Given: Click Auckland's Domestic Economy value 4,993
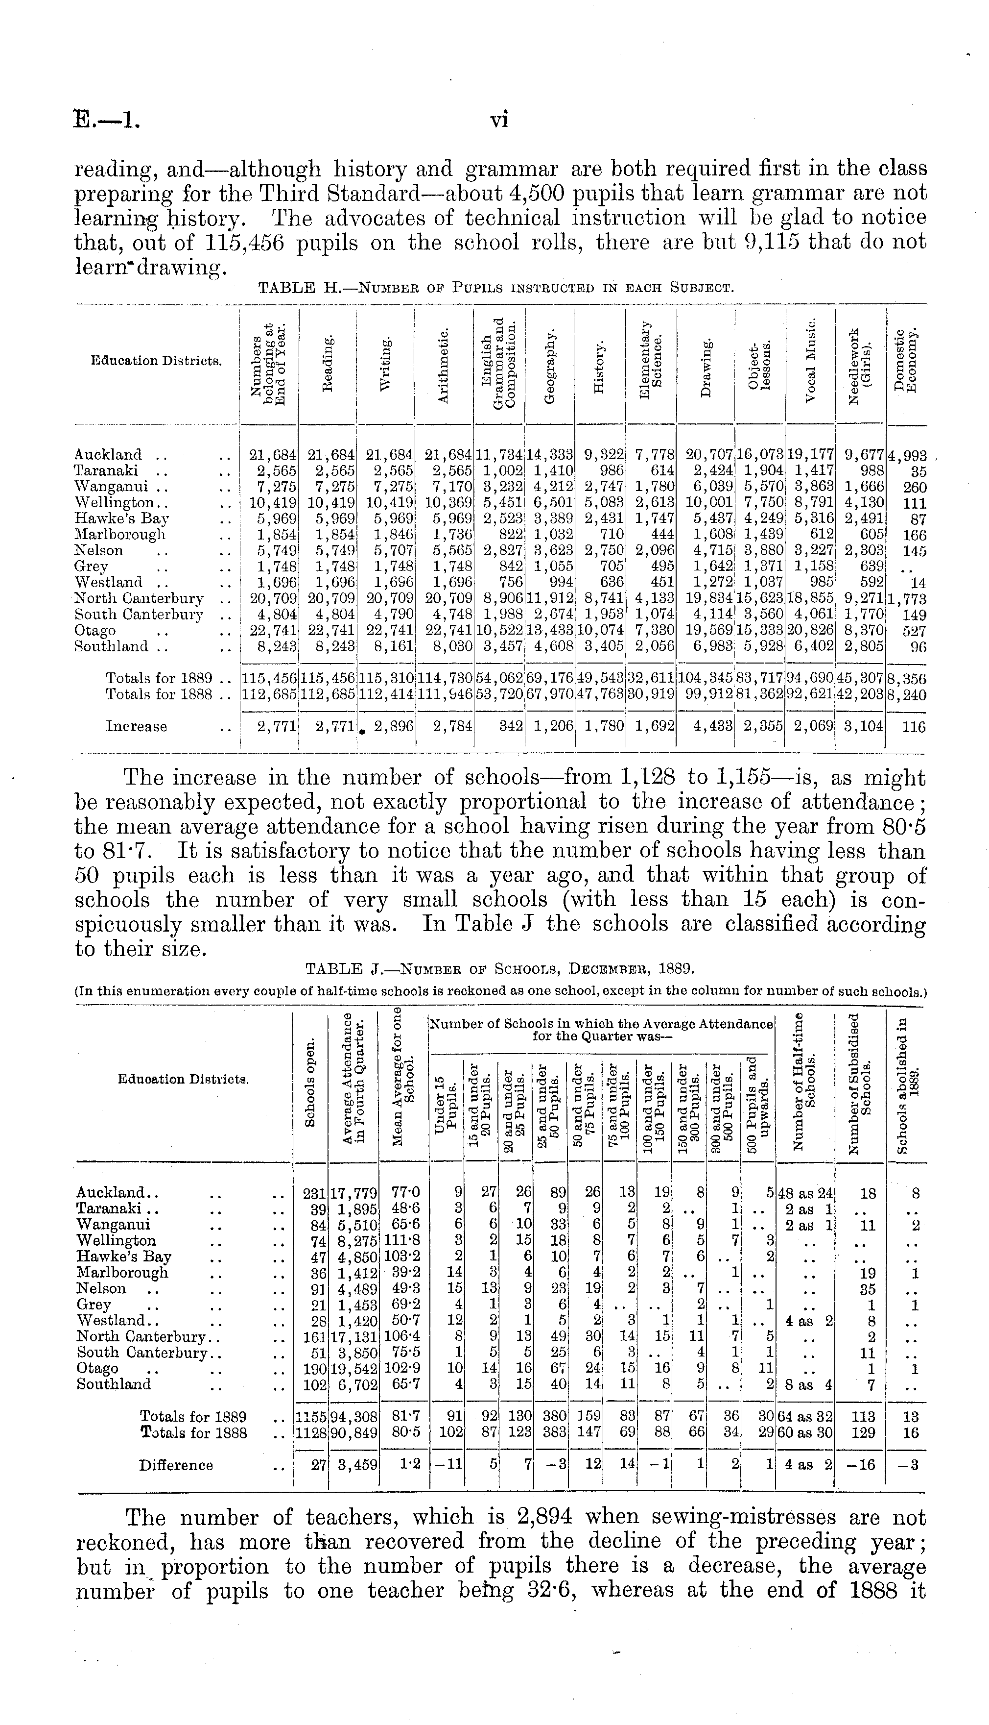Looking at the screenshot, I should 907,455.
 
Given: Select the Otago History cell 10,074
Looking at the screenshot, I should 600,631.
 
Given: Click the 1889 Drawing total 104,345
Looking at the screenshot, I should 706,678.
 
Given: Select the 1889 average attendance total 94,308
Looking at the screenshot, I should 354,1417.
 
